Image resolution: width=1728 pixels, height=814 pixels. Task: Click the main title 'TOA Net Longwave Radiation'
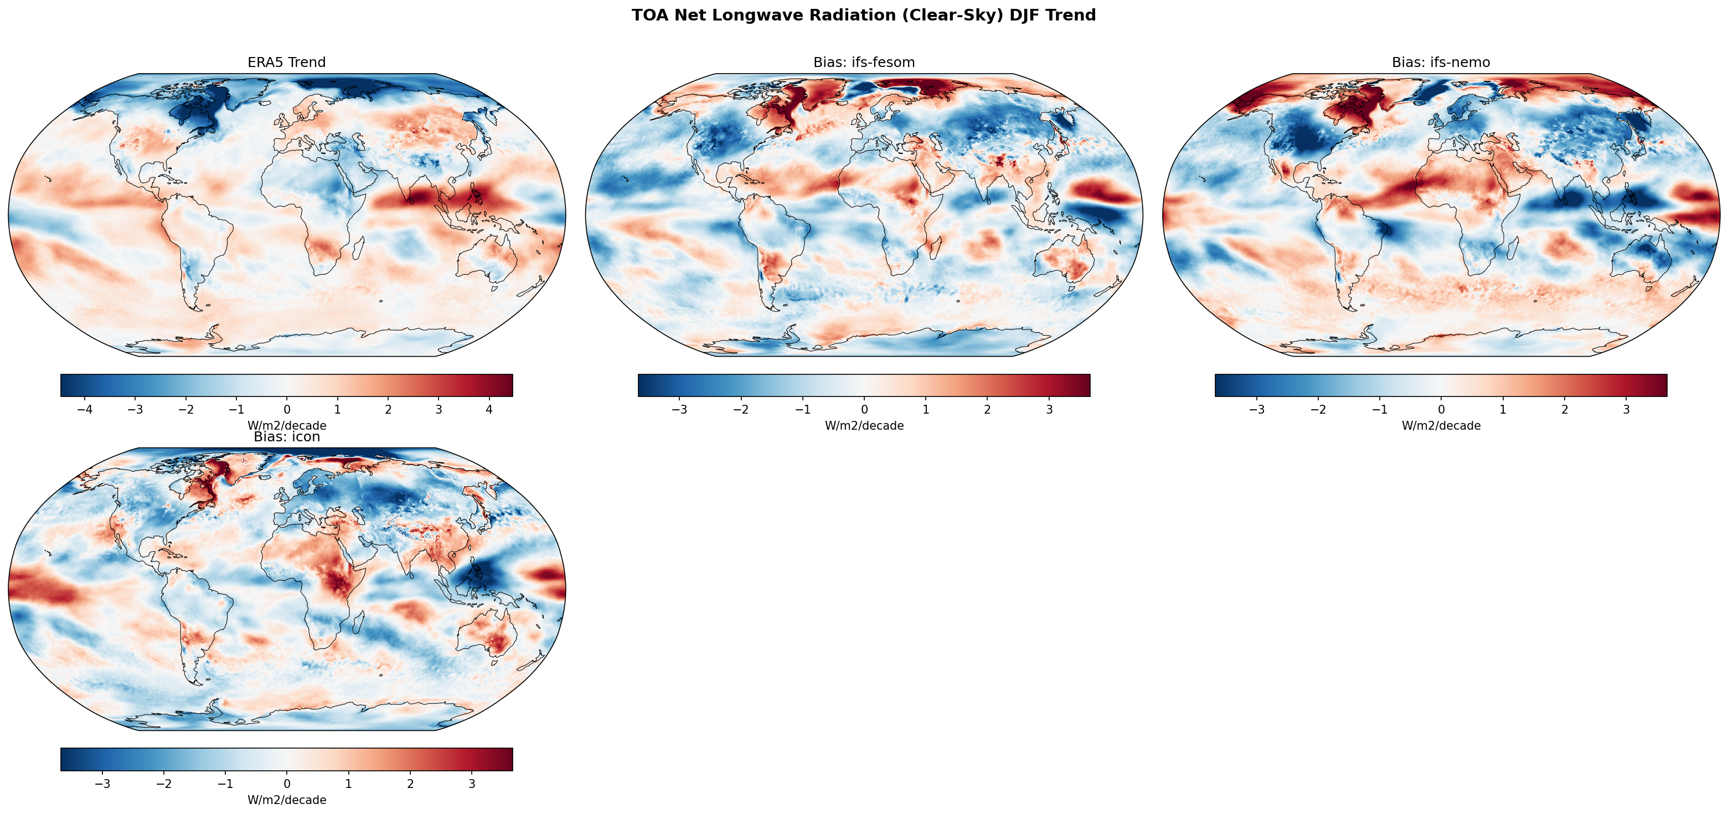click(x=863, y=16)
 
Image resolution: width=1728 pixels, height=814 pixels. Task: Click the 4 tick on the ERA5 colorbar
click(x=489, y=409)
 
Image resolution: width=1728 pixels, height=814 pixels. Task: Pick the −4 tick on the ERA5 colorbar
click(x=85, y=409)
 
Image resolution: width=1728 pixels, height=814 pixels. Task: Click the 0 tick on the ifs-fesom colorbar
click(x=864, y=409)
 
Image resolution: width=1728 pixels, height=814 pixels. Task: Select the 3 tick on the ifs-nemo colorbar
click(x=1626, y=409)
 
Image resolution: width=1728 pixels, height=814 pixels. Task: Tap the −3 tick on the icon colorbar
click(x=102, y=784)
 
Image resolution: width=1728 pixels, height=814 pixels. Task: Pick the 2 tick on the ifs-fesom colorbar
click(x=987, y=409)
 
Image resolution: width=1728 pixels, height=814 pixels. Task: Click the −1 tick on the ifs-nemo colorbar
click(x=1379, y=409)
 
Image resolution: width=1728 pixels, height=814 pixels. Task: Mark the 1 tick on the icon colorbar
click(x=348, y=784)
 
